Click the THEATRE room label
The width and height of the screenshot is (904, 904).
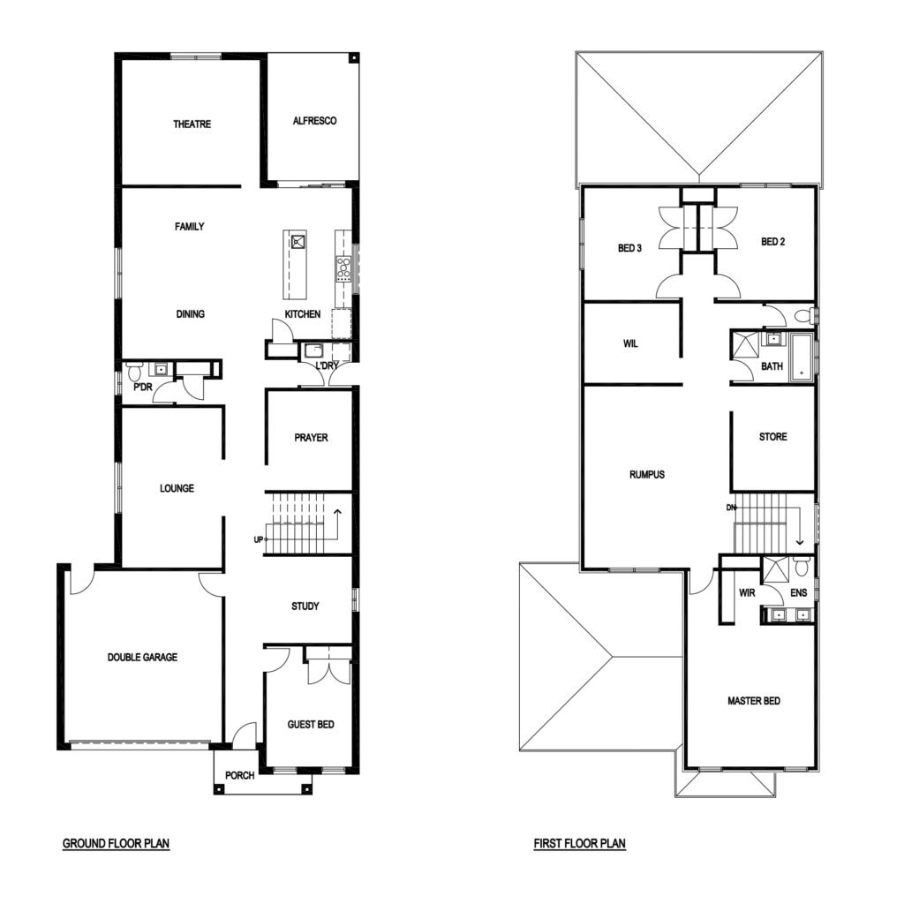point(192,124)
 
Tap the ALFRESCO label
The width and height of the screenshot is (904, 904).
point(315,120)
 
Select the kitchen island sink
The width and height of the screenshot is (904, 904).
point(298,241)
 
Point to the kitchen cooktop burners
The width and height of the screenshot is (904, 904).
point(343,269)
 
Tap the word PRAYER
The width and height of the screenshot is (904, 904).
point(311,438)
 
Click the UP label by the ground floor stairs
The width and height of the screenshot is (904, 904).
point(259,539)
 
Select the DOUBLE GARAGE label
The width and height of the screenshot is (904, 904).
point(142,657)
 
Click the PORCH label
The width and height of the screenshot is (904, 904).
point(240,775)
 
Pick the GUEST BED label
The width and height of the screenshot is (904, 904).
point(311,724)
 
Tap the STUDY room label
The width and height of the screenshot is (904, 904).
point(305,606)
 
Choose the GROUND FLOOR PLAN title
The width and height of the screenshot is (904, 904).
point(116,843)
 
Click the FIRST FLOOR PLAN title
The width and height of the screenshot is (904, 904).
point(579,843)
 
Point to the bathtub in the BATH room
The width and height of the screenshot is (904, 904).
point(802,357)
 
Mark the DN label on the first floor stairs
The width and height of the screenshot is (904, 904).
point(731,508)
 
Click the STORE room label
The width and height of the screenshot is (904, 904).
point(773,436)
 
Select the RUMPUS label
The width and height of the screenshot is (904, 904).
point(647,474)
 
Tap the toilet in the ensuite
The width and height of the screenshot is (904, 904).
point(802,566)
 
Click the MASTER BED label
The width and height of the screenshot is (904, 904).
point(754,700)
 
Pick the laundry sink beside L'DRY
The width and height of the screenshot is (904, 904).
point(315,350)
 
